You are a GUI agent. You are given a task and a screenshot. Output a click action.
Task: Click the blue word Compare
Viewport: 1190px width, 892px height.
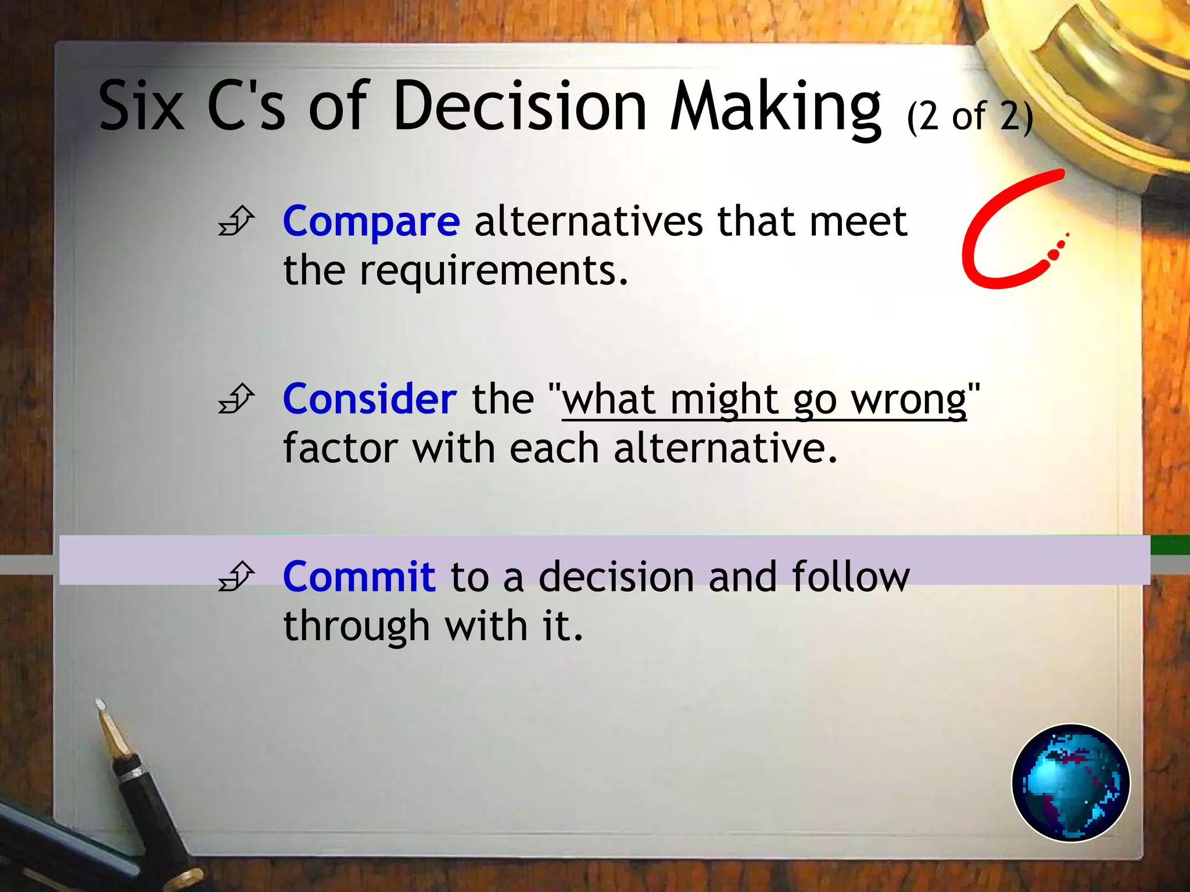(371, 222)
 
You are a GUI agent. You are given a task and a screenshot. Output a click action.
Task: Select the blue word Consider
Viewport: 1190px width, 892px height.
(370, 400)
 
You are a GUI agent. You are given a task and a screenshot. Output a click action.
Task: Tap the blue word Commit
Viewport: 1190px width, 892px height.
(359, 577)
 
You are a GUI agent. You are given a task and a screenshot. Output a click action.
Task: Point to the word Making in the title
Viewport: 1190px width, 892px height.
(776, 107)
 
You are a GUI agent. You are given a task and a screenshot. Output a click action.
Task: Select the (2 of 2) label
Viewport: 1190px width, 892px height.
(970, 116)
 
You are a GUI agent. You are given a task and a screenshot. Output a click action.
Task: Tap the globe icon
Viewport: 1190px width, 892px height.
(1070, 782)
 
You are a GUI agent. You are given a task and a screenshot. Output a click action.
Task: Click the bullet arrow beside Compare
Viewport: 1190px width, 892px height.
(236, 221)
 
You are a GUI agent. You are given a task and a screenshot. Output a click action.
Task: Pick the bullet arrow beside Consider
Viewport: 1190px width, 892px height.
(236, 399)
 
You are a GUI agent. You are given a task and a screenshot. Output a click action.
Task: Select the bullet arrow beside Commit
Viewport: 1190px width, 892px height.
(236, 576)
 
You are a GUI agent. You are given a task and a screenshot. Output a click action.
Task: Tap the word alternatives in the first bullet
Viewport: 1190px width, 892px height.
(589, 221)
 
